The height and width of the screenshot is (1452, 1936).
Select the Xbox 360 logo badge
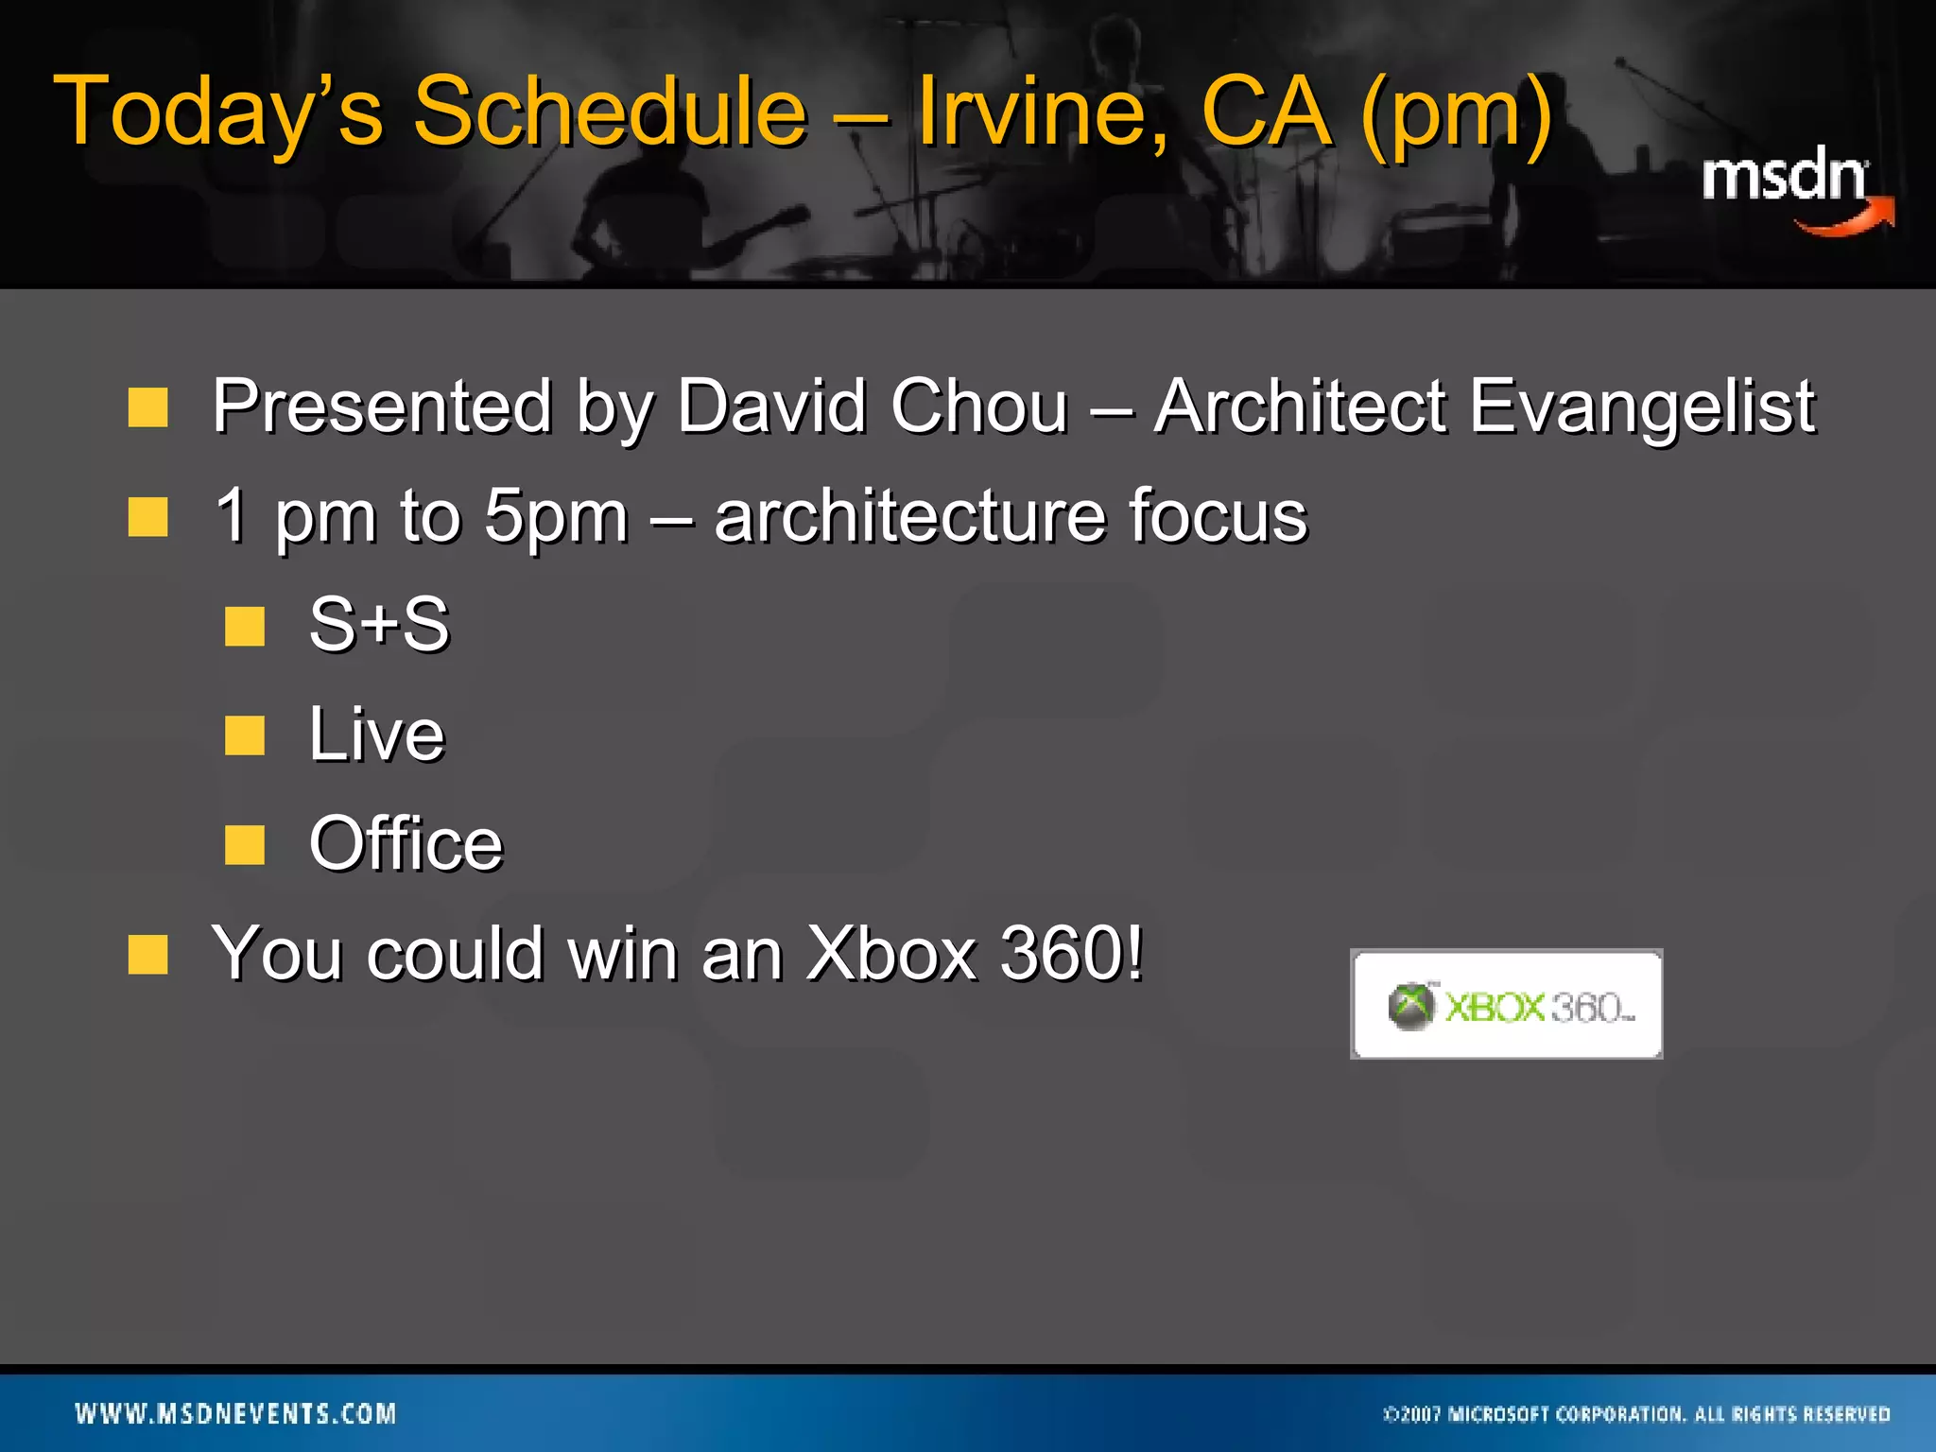[1506, 1005]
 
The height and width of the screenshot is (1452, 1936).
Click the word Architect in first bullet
[1300, 406]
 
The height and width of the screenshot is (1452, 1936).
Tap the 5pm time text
[555, 516]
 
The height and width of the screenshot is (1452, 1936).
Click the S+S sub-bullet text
[379, 625]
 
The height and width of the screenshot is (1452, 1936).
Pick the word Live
[376, 735]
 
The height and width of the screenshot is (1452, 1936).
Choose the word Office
[406, 843]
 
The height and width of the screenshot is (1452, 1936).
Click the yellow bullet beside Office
[245, 845]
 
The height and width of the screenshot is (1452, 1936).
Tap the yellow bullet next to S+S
[245, 627]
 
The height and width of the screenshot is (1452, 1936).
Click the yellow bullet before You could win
[148, 955]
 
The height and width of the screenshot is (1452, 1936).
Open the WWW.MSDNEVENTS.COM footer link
[235, 1414]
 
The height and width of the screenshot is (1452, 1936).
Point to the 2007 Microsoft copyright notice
[1636, 1415]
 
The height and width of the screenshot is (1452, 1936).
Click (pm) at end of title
[1456, 113]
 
